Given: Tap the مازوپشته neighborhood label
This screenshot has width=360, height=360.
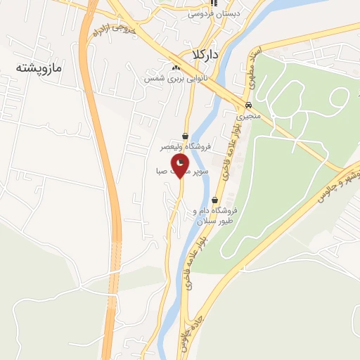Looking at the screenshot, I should coord(39,68).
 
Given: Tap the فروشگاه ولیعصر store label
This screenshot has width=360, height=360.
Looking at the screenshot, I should coord(185,147).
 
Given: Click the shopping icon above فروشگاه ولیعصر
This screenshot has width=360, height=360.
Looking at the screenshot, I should coord(185,136).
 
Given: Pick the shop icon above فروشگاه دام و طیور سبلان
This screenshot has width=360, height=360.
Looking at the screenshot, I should coord(214,199).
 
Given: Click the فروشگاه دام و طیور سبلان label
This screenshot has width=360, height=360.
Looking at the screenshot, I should coord(214,215).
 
